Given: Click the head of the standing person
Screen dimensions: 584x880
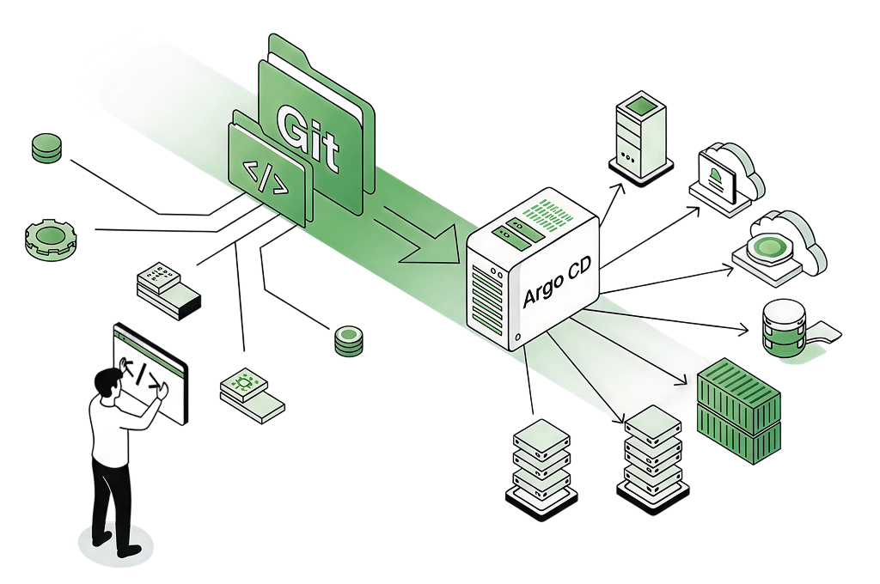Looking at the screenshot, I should [x=107, y=382].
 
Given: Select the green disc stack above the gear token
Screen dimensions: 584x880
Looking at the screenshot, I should [x=46, y=148].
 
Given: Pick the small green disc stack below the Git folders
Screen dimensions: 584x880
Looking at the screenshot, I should [x=347, y=340].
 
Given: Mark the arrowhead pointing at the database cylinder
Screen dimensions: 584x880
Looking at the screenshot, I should [x=745, y=329].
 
